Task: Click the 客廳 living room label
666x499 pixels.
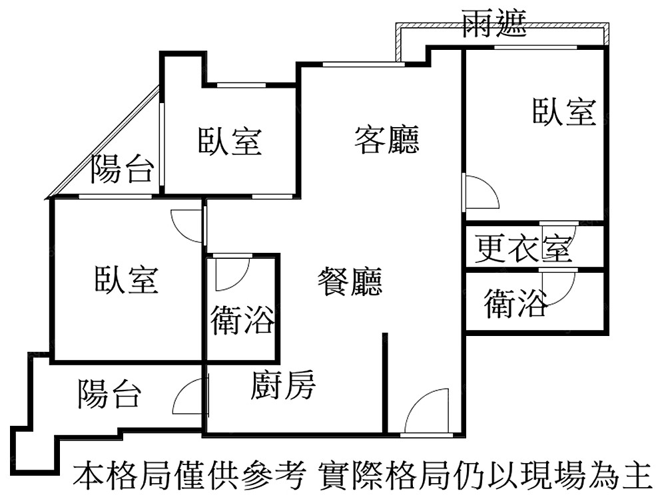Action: point(387,140)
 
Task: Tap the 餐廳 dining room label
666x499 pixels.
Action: point(350,281)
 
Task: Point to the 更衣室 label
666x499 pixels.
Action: point(523,249)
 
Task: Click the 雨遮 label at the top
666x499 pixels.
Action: point(495,26)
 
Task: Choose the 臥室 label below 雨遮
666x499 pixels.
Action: point(564,111)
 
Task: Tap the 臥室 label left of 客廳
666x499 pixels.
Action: point(230,141)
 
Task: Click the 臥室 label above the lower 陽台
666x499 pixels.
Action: point(127,279)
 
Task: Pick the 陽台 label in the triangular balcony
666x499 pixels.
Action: point(123,169)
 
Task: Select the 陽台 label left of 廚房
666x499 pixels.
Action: point(110,394)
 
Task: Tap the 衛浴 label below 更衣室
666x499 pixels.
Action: point(516,304)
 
